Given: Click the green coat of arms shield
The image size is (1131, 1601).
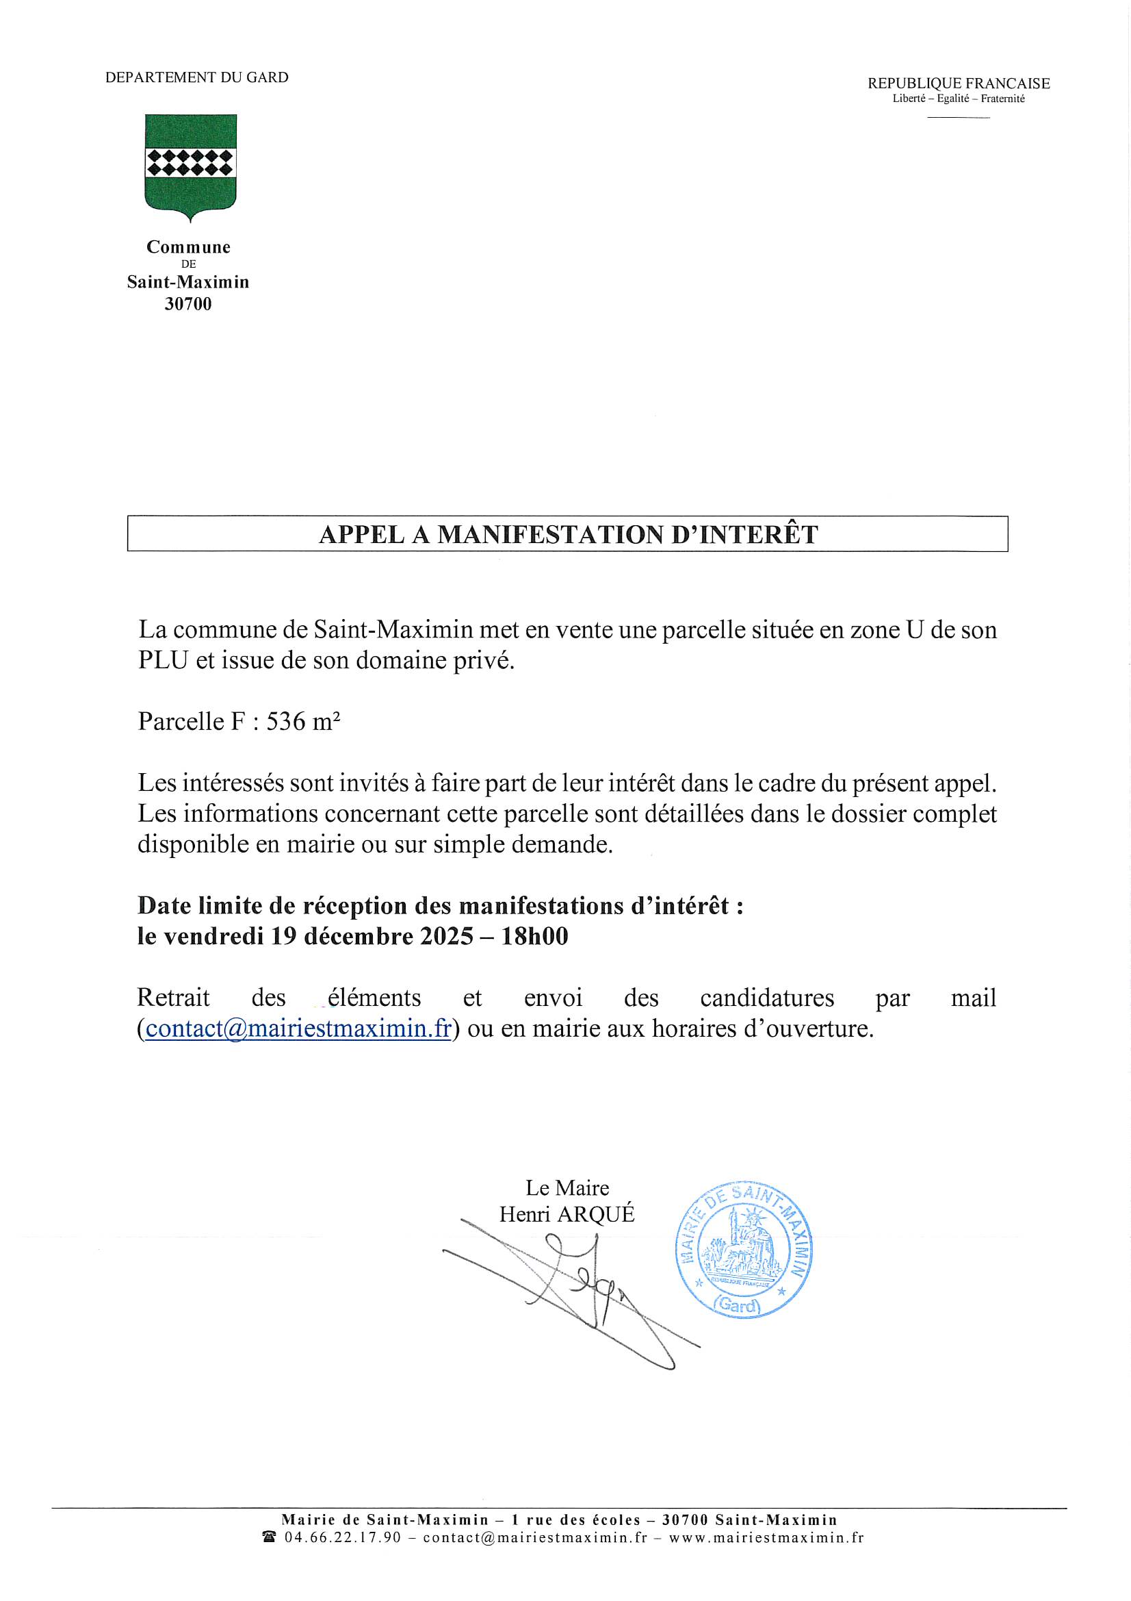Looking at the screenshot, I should click(x=190, y=164).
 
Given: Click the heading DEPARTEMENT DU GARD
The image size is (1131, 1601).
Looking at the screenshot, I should click(x=196, y=77).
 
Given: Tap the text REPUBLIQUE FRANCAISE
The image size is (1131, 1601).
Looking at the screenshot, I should click(x=958, y=84).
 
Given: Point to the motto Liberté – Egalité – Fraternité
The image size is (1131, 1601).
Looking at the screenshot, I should click(x=958, y=99).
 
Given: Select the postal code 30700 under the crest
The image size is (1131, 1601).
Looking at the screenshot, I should click(x=188, y=304).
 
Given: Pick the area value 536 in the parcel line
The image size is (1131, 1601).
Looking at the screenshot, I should click(x=286, y=722).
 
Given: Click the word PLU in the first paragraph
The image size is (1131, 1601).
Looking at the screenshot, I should click(x=163, y=660).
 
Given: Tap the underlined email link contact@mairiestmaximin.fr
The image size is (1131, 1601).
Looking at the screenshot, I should click(x=298, y=1029).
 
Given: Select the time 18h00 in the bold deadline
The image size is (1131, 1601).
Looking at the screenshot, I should click(x=534, y=937).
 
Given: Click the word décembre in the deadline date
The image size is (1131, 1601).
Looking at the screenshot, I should click(x=359, y=937).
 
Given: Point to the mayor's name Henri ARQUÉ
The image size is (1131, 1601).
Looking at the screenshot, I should click(x=567, y=1214).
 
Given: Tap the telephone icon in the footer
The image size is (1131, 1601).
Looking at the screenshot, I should click(x=269, y=1537).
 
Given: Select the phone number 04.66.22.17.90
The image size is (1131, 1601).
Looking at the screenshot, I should click(x=343, y=1537).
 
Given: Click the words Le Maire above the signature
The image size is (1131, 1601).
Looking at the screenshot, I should click(x=567, y=1187).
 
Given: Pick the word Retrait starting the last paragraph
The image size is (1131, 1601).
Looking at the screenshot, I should click(x=173, y=998).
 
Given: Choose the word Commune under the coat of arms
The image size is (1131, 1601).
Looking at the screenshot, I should click(x=188, y=247).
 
